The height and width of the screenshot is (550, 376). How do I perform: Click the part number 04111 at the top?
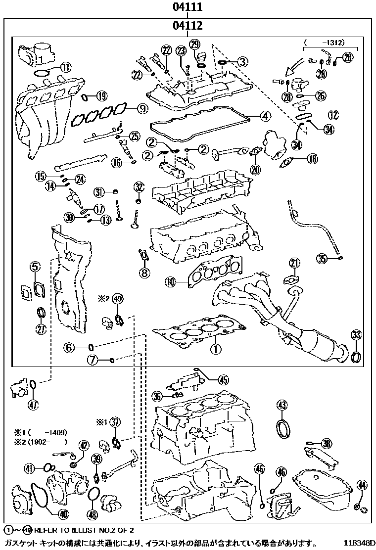[x=188, y=7]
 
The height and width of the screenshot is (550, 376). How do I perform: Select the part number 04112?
[x=188, y=26]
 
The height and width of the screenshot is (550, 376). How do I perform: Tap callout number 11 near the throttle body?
[x=66, y=68]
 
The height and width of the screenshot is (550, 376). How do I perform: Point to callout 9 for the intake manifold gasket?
[x=142, y=108]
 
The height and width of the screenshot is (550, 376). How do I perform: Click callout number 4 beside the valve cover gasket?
[x=265, y=117]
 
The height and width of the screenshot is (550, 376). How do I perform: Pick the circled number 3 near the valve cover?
[x=242, y=62]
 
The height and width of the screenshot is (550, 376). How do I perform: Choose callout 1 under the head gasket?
[x=215, y=349]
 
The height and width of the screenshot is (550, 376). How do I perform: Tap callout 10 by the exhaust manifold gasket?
[x=170, y=282]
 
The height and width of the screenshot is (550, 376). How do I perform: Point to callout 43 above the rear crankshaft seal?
[x=282, y=406]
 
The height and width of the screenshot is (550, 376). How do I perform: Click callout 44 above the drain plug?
[x=362, y=485]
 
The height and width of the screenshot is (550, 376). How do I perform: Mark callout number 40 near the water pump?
[x=62, y=514]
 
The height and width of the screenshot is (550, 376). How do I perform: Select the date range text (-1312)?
[x=325, y=43]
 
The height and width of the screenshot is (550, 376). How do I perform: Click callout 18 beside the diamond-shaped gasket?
[x=312, y=159]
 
